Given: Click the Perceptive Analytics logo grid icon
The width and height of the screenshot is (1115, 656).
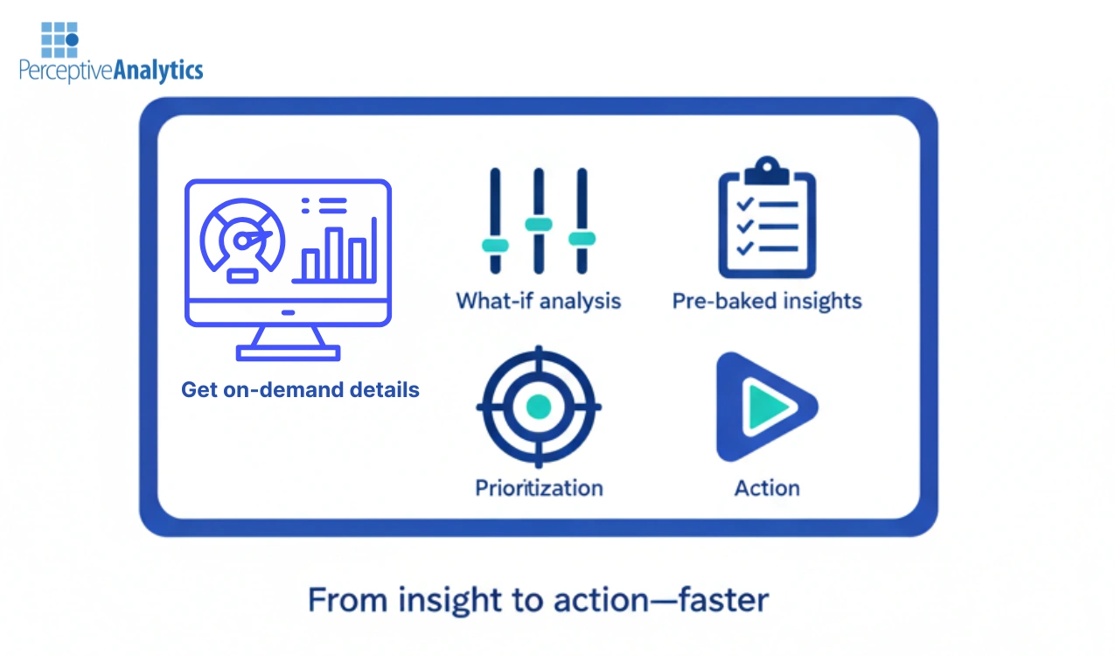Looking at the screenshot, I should point(59,39).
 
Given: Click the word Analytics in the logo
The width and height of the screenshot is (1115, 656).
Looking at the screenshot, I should point(157,71).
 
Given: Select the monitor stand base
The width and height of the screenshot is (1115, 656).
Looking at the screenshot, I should point(288,352).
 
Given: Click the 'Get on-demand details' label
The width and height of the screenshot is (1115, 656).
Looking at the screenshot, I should point(300,389).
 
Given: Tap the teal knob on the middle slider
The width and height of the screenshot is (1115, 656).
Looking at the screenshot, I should point(539,225).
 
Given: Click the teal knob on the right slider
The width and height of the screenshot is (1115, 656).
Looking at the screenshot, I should point(582,238).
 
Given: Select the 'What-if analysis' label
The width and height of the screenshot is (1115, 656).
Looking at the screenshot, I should point(538,302).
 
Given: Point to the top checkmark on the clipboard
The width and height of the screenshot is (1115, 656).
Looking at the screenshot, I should point(745,205).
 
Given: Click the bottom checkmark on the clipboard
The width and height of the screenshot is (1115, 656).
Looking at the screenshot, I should point(745,248).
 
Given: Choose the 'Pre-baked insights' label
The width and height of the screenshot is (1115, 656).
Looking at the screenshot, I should point(767,302).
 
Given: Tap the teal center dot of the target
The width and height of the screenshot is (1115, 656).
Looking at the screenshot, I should point(538,407).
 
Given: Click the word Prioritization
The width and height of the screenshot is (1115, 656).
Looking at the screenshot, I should point(539,487).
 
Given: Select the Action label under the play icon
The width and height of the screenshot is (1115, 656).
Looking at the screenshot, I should point(767,487).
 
